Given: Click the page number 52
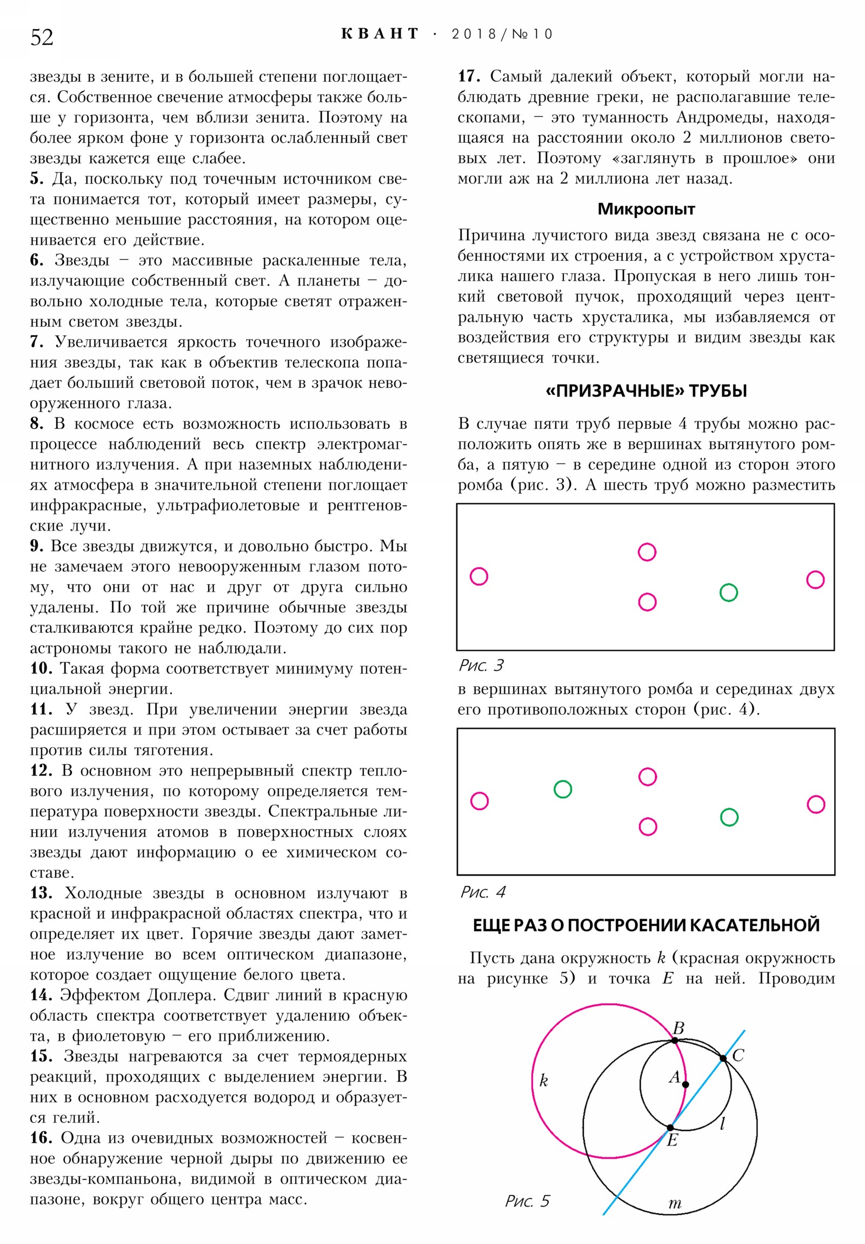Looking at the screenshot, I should coord(42,37).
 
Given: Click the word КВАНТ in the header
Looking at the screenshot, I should coord(380,34).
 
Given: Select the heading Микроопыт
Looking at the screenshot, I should coord(646,209).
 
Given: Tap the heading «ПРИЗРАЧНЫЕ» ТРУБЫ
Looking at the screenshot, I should coord(646,391).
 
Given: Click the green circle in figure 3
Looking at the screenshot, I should coord(728,592).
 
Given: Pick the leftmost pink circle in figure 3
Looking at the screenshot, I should coord(478,576).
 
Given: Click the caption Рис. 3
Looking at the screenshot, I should coord(482,665).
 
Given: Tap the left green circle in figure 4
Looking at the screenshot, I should coord(562,789).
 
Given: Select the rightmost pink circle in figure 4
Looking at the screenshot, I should coord(815,804).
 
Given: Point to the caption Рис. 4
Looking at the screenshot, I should coord(483,892).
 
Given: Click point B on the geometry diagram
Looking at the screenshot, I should coord(674,1040).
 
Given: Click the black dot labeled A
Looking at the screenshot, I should coord(685,1084).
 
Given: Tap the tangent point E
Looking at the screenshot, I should coord(670,1127).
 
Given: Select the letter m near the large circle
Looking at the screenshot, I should coord(674,1203).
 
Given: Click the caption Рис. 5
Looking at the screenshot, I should coord(527,1201).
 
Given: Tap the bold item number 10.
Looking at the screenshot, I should coord(41,669).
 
